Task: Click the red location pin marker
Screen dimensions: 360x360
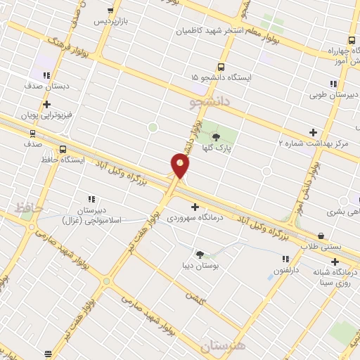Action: [180, 166]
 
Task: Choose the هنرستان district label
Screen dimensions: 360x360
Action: [225, 346]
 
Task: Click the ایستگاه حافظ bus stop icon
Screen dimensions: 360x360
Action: [63, 149]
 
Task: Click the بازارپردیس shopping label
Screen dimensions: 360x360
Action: [111, 21]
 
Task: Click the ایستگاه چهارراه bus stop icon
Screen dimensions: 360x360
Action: [350, 40]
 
